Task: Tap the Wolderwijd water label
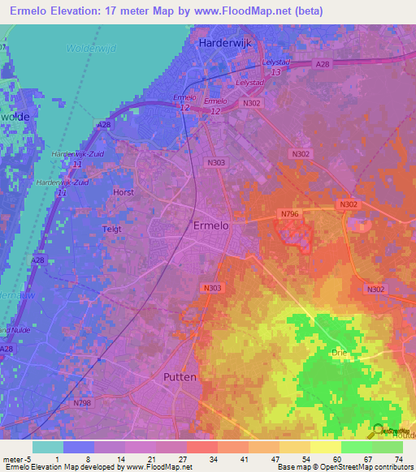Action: tap(92, 49)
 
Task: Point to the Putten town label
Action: tap(180, 377)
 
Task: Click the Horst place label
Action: tap(123, 192)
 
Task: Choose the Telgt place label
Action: tap(111, 230)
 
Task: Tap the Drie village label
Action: tap(340, 353)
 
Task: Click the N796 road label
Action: tap(290, 214)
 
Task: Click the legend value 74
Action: tap(397, 458)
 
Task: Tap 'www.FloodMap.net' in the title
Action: tap(247, 11)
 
